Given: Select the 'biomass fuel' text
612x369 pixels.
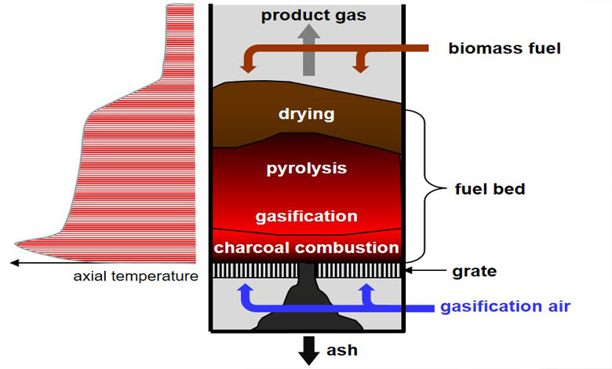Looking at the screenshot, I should point(505,49).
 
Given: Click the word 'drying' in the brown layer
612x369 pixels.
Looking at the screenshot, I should point(306,115).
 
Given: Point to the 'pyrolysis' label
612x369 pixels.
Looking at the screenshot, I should point(307,168).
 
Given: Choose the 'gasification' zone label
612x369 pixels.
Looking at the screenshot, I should point(306,216).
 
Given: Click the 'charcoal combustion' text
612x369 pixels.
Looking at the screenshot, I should point(307,247).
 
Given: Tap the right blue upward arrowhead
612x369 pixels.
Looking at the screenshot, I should point(365,290).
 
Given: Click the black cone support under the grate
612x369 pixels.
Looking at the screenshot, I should point(307,306).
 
